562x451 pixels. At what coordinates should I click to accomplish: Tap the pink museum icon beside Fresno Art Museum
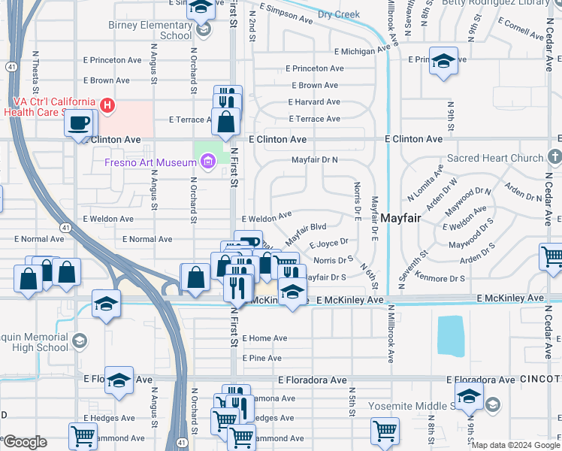208,160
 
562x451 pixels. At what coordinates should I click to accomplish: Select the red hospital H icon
107,104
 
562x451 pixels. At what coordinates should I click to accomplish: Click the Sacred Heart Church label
494,159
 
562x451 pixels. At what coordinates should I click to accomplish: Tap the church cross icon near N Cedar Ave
554,157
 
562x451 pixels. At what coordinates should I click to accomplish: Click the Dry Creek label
338,14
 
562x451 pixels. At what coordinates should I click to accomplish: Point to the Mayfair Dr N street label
315,160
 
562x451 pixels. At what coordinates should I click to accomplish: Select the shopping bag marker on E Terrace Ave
225,120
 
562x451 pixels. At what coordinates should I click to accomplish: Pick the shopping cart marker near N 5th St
385,432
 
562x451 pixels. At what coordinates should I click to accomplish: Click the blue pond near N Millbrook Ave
450,335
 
